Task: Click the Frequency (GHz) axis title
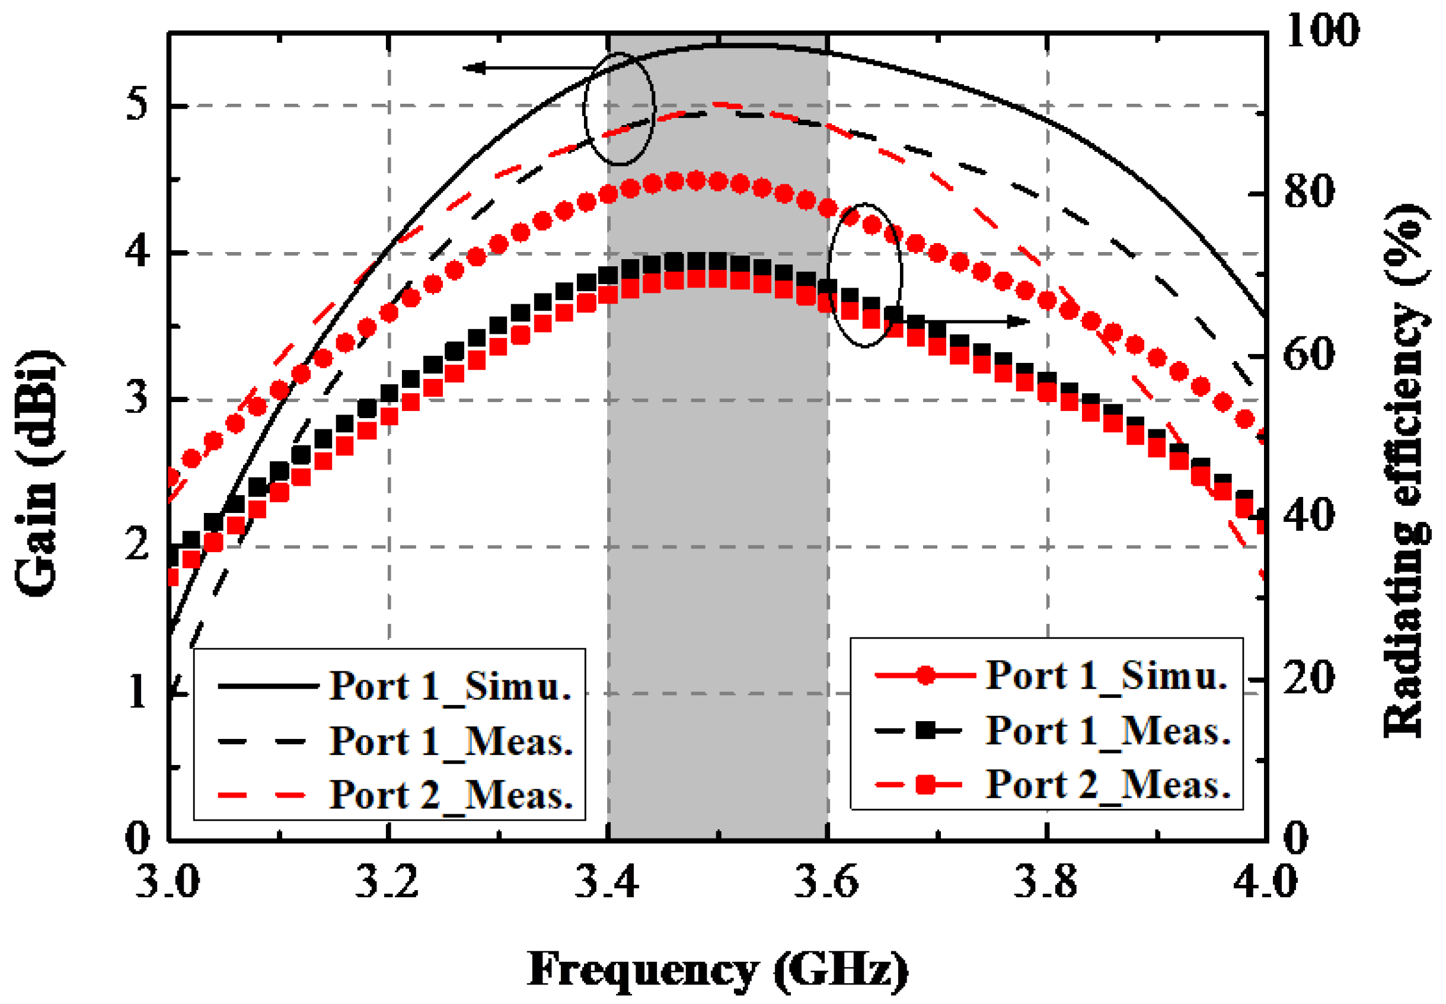pos(717,970)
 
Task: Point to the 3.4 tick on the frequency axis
pos(607,881)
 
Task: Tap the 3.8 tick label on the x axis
pos(1046,881)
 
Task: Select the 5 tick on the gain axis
pos(136,104)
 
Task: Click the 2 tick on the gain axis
pos(136,544)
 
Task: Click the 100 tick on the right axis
pos(1321,30)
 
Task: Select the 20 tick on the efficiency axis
pos(1308,678)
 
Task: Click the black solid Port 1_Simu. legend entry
pos(450,686)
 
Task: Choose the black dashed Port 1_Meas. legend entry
pos(451,741)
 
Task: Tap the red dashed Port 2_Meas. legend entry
pos(451,795)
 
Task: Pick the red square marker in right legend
pos(925,785)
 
